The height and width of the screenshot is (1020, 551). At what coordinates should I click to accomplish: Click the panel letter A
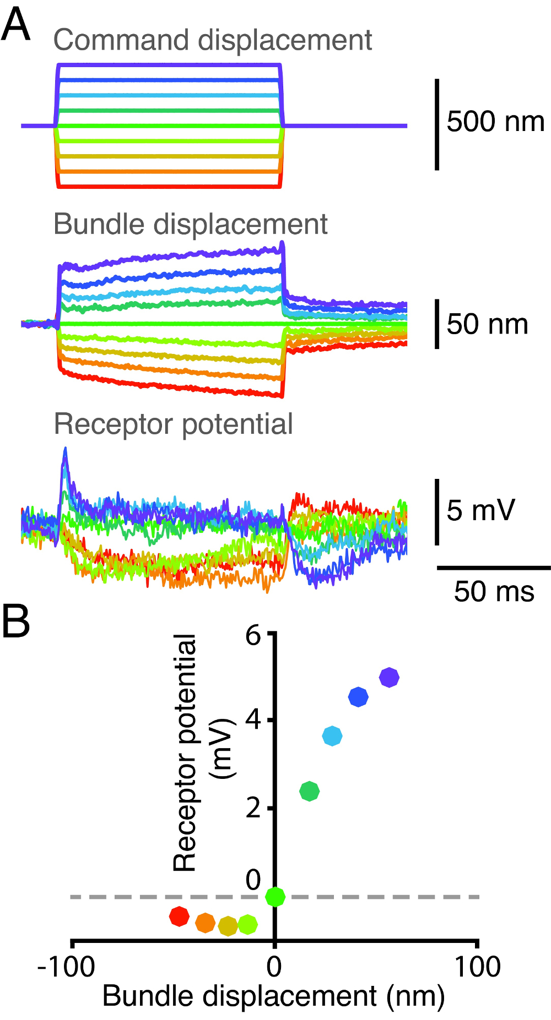click(15, 26)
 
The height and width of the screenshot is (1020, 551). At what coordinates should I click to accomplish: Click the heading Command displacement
click(212, 40)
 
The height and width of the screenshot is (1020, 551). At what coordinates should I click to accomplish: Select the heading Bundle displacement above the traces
click(190, 225)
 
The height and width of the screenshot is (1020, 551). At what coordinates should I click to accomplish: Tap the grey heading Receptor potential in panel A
click(173, 424)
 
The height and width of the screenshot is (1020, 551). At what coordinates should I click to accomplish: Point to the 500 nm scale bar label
click(495, 122)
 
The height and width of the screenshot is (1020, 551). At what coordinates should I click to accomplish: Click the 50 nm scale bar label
click(487, 324)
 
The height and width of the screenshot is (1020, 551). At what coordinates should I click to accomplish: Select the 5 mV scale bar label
click(480, 510)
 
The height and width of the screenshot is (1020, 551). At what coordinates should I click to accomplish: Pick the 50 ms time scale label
click(494, 592)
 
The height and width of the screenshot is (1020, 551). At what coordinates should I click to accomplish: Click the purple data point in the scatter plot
click(389, 678)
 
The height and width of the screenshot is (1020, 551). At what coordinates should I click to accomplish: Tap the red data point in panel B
click(179, 917)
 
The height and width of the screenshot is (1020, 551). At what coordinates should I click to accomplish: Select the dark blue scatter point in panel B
click(358, 697)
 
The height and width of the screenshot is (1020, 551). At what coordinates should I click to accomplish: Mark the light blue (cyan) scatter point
click(332, 735)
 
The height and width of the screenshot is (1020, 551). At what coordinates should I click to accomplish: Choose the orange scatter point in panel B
click(206, 923)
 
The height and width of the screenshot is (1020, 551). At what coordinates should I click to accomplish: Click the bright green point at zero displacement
click(275, 897)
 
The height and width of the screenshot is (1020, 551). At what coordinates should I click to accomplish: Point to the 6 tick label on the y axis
click(253, 636)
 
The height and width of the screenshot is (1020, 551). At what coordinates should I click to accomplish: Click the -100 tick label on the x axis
click(66, 967)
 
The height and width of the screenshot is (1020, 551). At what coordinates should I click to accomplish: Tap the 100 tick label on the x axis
click(477, 967)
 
